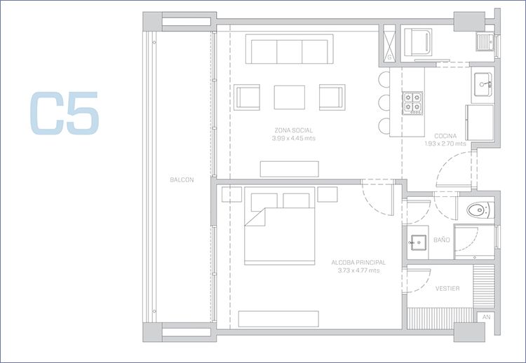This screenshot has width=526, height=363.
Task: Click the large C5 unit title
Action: click(x=65, y=113)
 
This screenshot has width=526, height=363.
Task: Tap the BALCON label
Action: click(x=182, y=179)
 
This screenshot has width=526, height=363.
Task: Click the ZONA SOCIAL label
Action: click(x=294, y=130)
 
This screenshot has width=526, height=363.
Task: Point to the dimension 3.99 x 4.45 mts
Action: click(x=294, y=138)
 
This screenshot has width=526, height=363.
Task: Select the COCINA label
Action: click(x=445, y=136)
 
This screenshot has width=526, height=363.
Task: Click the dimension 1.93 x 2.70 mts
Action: click(x=445, y=144)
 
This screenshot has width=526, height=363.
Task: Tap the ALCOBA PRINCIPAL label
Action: click(x=358, y=263)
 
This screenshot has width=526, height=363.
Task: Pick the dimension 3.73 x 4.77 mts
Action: click(x=359, y=270)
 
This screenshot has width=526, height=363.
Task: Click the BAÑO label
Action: click(x=441, y=240)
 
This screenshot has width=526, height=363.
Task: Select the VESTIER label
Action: click(x=447, y=288)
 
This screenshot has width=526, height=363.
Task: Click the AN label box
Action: click(x=486, y=317)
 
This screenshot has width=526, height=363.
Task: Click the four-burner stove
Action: click(x=412, y=103)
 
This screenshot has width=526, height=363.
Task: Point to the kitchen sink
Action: click(x=483, y=84)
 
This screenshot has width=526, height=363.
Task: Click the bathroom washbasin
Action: click(x=418, y=242)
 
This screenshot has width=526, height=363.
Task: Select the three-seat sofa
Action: click(x=289, y=49)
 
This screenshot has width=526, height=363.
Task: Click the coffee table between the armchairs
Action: click(x=290, y=97)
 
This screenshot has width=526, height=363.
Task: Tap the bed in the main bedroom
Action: click(x=279, y=226)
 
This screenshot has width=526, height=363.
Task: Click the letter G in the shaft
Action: click(x=389, y=57)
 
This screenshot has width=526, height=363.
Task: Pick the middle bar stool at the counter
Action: click(x=384, y=102)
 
